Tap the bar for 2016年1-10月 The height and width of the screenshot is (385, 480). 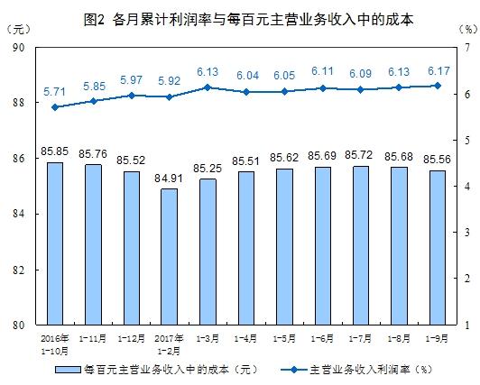pyautogui.click(x=54, y=243)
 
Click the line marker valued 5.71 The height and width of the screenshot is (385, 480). pyautogui.click(x=54, y=106)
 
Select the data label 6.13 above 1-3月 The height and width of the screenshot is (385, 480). pyautogui.click(x=208, y=72)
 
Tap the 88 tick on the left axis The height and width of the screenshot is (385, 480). pyautogui.click(x=18, y=104)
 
